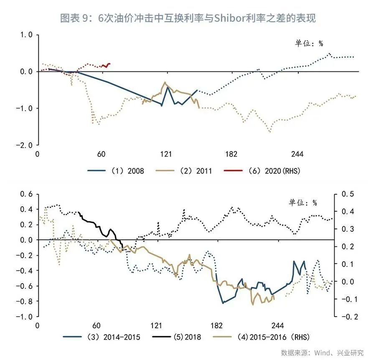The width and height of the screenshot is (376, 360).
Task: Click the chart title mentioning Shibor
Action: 188,18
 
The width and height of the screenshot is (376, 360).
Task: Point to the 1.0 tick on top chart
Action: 26,35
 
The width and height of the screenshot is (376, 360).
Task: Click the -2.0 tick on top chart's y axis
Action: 25,145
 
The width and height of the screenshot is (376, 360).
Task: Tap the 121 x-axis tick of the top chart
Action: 166,154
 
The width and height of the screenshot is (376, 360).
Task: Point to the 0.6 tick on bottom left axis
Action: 26,194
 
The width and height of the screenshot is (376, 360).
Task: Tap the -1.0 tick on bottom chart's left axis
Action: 24,317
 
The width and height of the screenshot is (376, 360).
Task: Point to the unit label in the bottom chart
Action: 303,203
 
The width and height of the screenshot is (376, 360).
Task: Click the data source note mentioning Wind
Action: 322,352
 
